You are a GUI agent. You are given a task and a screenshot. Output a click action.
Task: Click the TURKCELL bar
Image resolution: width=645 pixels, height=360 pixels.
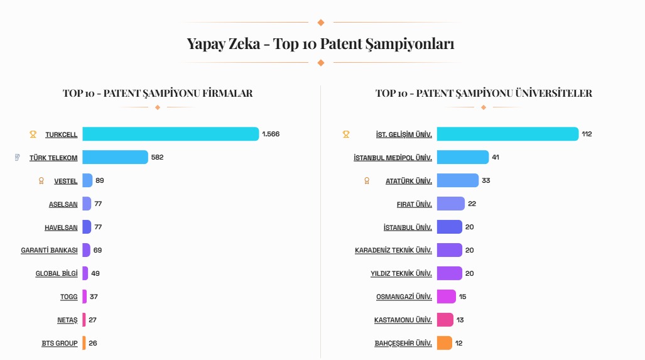[x=170, y=134]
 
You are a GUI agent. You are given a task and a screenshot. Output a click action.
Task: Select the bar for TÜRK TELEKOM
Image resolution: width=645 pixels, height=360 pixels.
[x=115, y=157]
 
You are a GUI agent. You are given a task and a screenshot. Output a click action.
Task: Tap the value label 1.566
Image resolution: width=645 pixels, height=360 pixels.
[x=271, y=134]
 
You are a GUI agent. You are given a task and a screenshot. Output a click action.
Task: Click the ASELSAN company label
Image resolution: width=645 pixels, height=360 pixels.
[x=63, y=204]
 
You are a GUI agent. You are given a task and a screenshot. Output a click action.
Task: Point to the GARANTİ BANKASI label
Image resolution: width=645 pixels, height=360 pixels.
[x=49, y=251]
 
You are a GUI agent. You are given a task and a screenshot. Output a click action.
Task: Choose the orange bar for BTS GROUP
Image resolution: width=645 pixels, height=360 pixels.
[x=84, y=343]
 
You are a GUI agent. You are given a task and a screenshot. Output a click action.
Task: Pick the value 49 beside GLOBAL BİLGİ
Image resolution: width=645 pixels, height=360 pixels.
[x=95, y=273]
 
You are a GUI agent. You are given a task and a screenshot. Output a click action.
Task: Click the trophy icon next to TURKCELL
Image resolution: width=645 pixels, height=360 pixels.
[x=33, y=134]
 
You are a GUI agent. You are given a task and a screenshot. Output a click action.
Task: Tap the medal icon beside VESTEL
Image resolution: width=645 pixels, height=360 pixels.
[x=41, y=181]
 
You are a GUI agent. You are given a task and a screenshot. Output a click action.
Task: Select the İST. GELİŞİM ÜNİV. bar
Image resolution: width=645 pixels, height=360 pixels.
[x=507, y=134]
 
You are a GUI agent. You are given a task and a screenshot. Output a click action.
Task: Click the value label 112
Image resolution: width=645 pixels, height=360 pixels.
[x=587, y=134]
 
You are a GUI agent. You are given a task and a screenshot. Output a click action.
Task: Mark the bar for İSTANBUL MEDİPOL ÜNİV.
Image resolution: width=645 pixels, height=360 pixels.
[x=463, y=157]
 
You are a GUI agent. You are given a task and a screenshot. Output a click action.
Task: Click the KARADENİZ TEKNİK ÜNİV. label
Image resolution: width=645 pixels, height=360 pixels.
[x=393, y=251]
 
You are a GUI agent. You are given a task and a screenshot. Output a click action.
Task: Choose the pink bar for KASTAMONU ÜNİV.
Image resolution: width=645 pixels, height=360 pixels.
[x=445, y=320]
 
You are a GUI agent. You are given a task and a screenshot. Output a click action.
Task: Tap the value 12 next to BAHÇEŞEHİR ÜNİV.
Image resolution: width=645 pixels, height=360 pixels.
[x=459, y=343]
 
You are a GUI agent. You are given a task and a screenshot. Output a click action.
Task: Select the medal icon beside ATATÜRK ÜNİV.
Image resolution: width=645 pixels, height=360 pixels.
[x=367, y=181]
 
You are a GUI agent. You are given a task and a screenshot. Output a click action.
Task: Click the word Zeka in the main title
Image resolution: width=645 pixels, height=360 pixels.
[x=246, y=44]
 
